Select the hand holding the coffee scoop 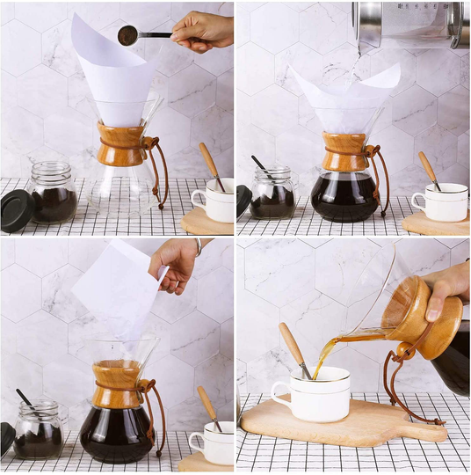(x=203, y=32)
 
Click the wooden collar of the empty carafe (x=121, y=145)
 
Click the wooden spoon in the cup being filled (x=293, y=348)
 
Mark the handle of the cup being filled (x=281, y=393)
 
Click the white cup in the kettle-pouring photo (x=445, y=203)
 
